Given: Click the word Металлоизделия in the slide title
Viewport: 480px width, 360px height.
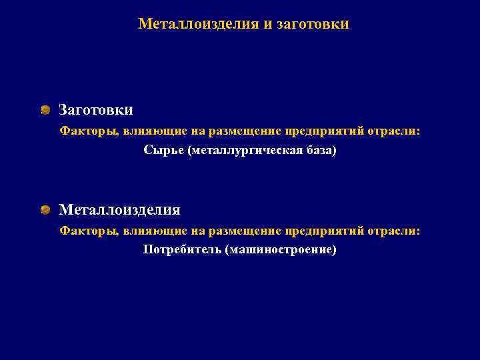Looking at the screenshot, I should pos(198,25).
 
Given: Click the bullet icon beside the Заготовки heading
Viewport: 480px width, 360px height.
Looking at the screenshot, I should pos(45,109).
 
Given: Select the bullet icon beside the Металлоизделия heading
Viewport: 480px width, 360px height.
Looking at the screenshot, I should pos(45,210).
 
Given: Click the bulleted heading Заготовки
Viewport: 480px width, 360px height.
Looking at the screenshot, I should pos(96,109).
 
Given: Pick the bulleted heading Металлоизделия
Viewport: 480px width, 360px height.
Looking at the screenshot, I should pos(119,210).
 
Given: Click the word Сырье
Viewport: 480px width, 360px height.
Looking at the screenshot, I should pos(163,151).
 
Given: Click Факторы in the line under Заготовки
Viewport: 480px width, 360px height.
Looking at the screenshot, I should pos(87,131).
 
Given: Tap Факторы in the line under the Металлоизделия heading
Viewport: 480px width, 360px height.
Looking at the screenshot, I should pos(87,231).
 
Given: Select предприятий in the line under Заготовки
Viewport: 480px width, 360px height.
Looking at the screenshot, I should pos(325,131).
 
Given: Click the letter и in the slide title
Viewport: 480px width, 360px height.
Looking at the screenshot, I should pos(268,25).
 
